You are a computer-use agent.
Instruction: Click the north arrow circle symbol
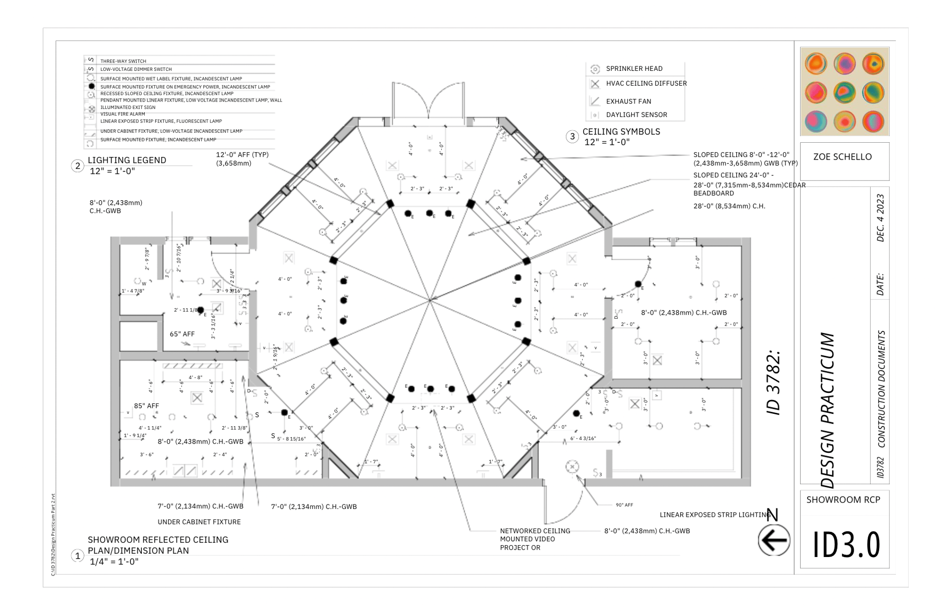point(773,541)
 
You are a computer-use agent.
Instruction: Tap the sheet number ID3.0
point(846,545)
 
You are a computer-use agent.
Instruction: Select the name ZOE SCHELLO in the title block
point(842,157)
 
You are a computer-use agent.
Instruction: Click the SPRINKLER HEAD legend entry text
point(634,69)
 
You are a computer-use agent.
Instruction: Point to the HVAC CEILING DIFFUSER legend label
point(646,84)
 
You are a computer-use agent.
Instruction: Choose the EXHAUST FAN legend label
point(628,102)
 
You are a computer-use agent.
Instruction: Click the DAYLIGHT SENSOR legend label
point(636,115)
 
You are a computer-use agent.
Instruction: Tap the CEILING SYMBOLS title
point(621,132)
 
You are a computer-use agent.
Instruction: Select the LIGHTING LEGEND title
point(126,161)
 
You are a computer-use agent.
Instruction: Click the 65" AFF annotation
point(182,334)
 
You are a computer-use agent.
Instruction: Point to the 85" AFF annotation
point(146,406)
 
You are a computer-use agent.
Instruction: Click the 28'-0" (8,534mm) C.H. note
point(729,206)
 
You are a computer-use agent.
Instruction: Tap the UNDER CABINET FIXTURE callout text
point(199,522)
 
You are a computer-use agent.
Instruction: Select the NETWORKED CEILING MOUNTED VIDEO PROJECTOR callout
point(535,539)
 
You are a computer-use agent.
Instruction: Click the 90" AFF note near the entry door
point(624,505)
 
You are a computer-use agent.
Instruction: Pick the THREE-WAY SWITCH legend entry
point(123,61)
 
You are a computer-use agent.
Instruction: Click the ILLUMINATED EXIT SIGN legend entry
point(127,108)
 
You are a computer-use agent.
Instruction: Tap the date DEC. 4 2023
point(880,218)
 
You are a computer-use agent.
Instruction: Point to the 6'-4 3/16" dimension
point(583,439)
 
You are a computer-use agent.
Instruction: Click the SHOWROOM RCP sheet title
point(843,500)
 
